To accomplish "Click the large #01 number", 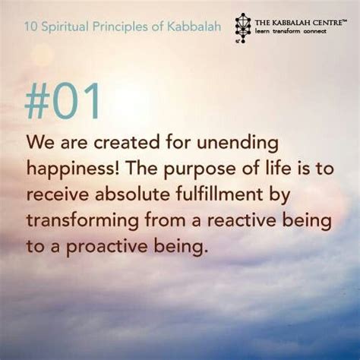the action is [x=62, y=101].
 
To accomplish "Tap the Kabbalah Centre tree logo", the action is [x=243, y=28].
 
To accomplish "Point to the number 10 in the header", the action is [x=31, y=27].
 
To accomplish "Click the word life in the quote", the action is [x=274, y=168].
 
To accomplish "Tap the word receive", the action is [x=58, y=195].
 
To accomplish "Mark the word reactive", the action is [x=242, y=220].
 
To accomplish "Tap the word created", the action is [x=127, y=143].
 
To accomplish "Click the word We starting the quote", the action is [x=40, y=143].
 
